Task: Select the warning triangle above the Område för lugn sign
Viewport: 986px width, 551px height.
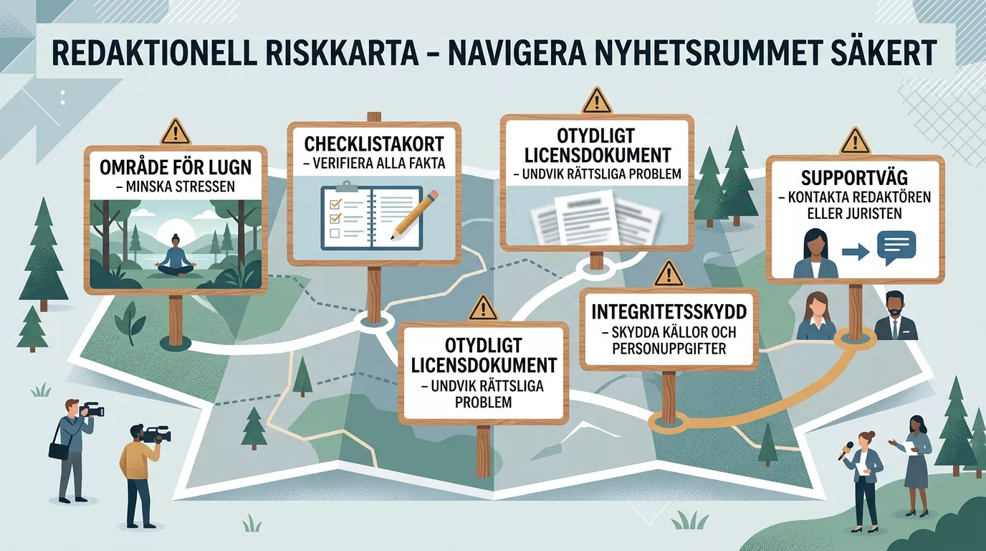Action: pos(176,131)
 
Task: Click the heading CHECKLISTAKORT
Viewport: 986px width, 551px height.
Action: pos(374,144)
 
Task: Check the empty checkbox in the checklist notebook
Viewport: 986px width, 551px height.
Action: pos(335,232)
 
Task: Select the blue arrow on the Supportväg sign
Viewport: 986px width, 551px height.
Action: pos(856,252)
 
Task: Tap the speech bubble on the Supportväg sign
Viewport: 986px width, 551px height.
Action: pos(896,248)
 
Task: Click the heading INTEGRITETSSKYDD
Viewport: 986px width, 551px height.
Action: pos(669,311)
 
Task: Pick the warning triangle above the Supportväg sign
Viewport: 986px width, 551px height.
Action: pos(856,141)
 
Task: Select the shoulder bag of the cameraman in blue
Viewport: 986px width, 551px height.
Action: pos(59,450)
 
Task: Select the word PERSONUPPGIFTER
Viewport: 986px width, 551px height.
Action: pos(669,349)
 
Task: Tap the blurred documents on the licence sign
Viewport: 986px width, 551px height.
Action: pos(596,216)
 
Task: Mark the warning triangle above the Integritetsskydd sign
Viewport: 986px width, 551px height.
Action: pos(669,274)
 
